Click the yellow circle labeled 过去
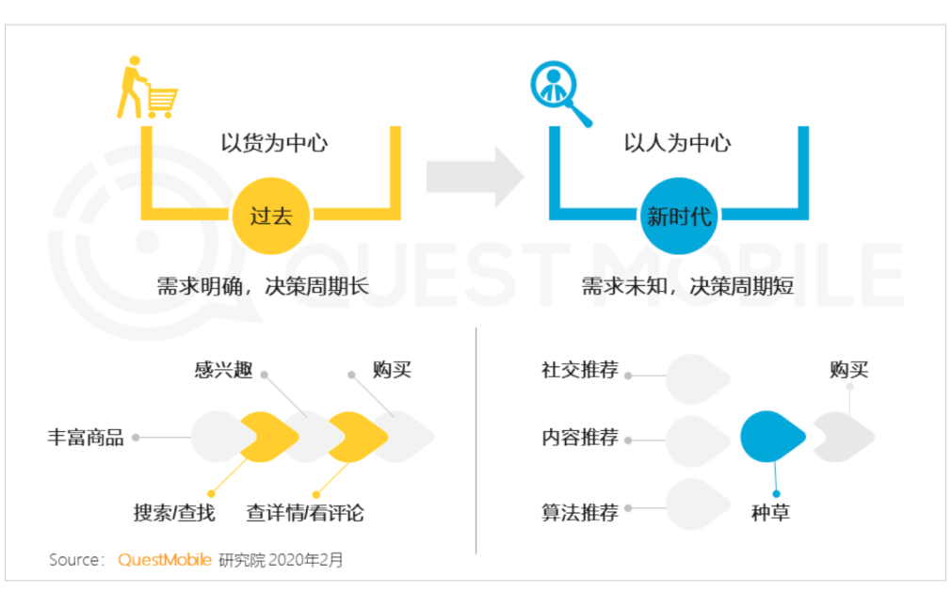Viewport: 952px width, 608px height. pos(271,216)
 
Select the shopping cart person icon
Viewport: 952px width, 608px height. pos(146,88)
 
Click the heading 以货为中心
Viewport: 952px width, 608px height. pos(274,143)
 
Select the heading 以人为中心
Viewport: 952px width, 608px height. pos(677,143)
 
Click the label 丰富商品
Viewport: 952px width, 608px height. pos(86,438)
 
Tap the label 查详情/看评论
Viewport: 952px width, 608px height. pos(305,513)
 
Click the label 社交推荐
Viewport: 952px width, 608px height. pos(580,370)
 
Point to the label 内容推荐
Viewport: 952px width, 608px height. pos(580,438)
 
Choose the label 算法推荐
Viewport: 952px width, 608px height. pos(580,513)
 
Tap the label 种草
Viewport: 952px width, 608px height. pos(770,513)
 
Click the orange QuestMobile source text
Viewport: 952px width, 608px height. pos(164,560)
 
